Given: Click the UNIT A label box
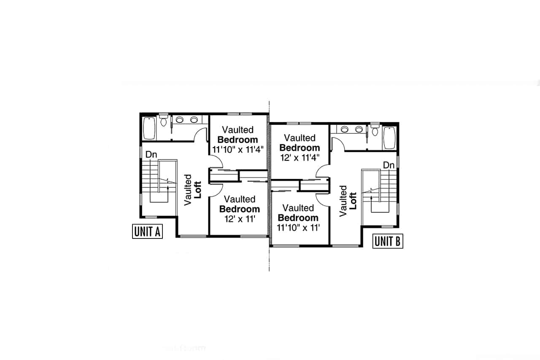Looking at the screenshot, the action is point(147,231).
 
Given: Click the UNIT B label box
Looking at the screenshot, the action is point(388,241).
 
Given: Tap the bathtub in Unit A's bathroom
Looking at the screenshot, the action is point(149,129).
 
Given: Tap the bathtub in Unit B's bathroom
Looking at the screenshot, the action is point(389,138).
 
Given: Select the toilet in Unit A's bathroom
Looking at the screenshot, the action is point(163,121).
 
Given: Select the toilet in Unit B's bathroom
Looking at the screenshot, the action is point(375,130).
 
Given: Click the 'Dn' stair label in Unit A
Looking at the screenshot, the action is point(151,154).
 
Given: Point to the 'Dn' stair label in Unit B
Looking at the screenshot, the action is point(389,165).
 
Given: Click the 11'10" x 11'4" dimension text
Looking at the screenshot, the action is point(238,149).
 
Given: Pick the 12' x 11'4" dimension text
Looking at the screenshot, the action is point(300,158).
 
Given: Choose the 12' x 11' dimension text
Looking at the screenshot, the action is point(240,219).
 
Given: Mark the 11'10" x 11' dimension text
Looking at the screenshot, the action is point(298,227).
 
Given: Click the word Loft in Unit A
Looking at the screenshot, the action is point(197,190).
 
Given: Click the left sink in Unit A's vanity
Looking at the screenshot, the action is point(179,119).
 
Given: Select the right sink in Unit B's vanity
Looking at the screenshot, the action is point(359,129).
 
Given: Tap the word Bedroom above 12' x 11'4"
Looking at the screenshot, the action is point(300,148).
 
